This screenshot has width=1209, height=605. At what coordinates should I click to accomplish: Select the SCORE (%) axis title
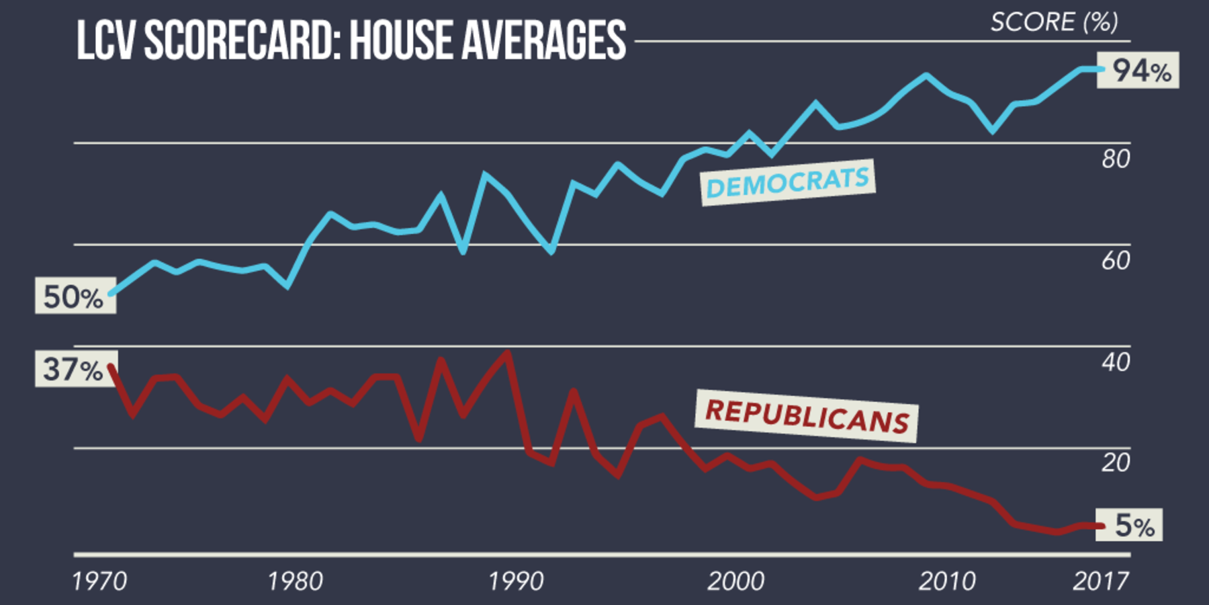tap(1054, 22)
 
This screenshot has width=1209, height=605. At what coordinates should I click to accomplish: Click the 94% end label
tap(1138, 71)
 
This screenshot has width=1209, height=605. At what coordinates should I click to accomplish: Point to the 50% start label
tap(75, 296)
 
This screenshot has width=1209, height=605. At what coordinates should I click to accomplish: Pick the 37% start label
tap(75, 369)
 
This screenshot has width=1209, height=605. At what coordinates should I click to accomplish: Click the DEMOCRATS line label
tap(788, 182)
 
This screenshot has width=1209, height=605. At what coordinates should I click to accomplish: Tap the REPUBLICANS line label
tap(807, 415)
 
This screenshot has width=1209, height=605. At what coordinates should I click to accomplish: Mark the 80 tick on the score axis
tap(1116, 159)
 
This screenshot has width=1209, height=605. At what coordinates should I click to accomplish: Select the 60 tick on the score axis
tap(1116, 261)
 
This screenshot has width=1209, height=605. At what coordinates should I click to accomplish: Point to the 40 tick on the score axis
tap(1116, 362)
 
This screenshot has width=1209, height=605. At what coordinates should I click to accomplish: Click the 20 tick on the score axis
tap(1116, 462)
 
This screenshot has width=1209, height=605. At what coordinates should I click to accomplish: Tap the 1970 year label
tap(99, 581)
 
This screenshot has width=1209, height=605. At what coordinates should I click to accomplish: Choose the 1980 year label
tap(296, 581)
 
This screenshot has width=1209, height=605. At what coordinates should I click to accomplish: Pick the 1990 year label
tap(516, 581)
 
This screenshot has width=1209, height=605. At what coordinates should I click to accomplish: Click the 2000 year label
tap(735, 581)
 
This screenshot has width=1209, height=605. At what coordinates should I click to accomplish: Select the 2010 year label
tap(947, 581)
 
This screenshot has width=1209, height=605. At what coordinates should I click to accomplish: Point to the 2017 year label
tap(1100, 581)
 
